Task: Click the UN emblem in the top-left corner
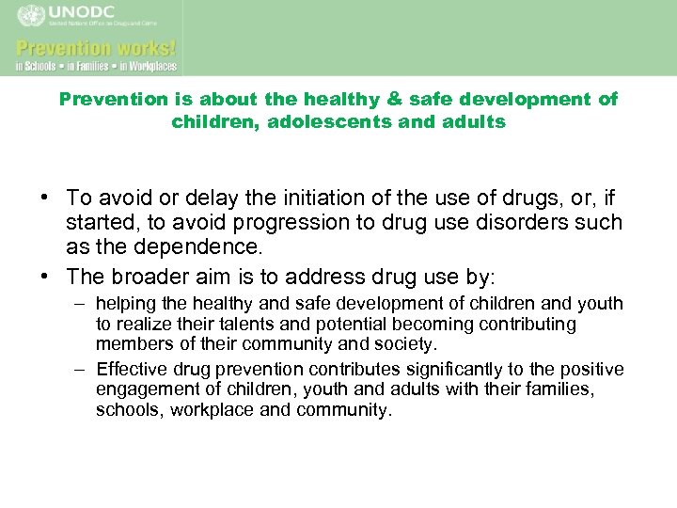[30, 15]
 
